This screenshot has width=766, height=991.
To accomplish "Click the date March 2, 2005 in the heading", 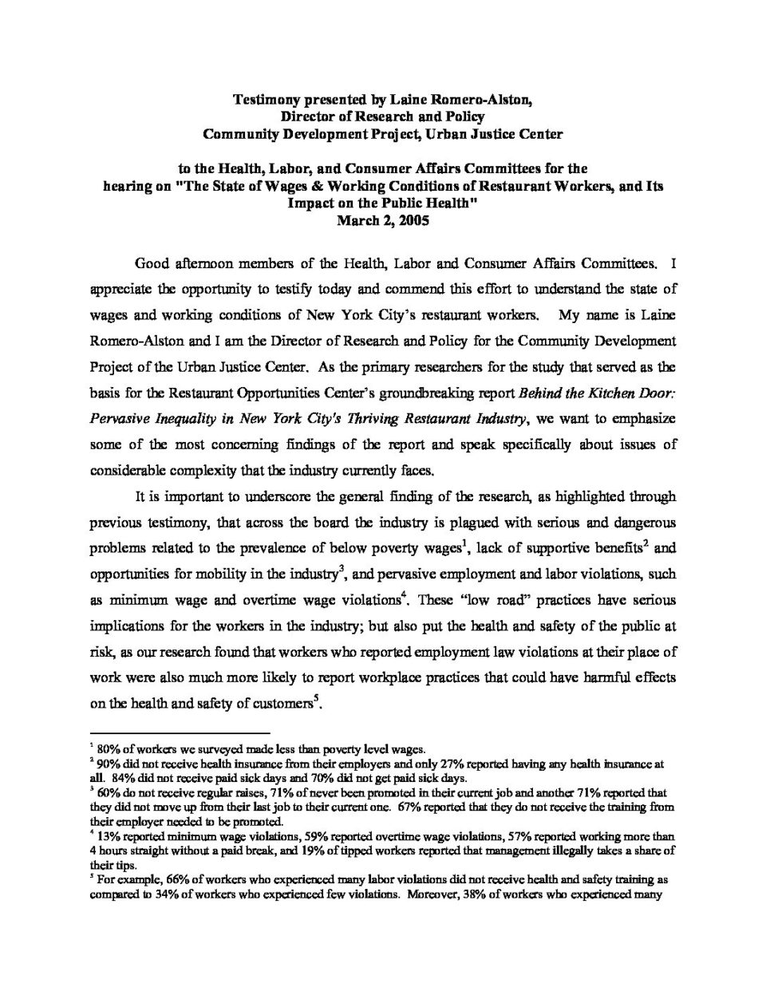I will point(382,221).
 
